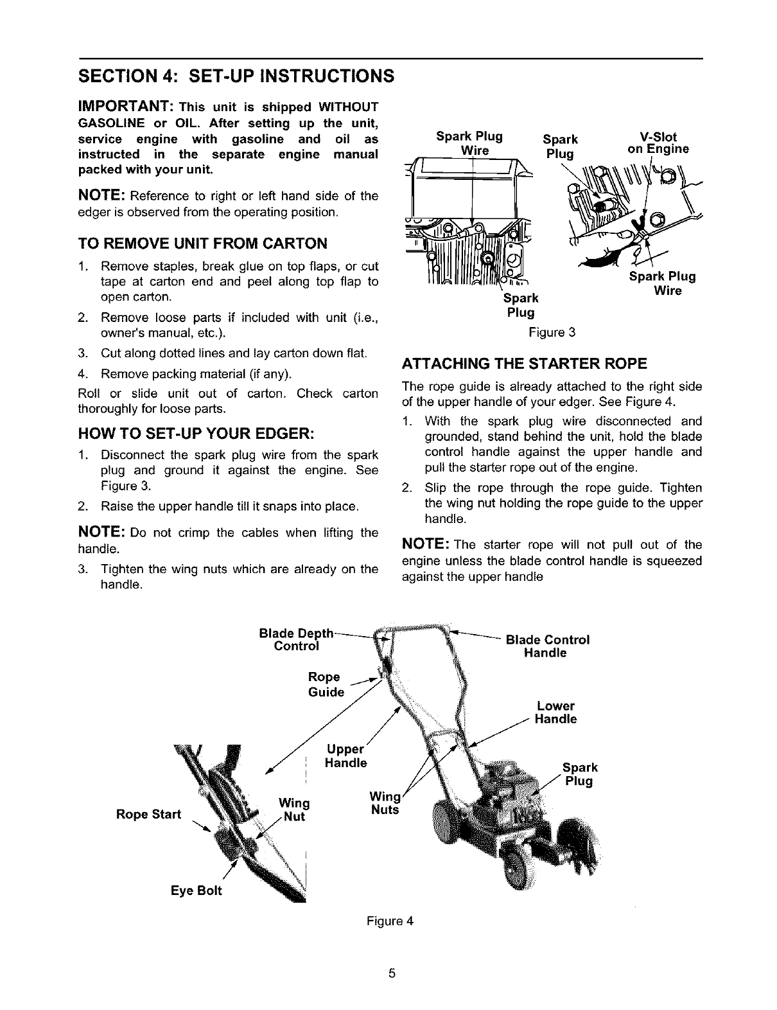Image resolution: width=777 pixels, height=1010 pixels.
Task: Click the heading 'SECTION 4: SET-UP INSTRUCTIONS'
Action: [x=235, y=75]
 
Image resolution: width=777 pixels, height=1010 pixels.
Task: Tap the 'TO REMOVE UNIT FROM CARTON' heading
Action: [x=202, y=243]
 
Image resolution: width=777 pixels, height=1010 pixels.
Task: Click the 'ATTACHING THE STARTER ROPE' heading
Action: [x=523, y=364]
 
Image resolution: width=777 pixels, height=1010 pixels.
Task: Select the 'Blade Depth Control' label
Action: [x=296, y=640]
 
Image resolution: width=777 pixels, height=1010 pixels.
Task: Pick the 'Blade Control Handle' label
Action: [x=547, y=646]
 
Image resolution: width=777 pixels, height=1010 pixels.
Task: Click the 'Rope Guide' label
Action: [x=326, y=684]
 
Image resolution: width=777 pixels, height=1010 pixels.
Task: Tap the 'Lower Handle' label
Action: [x=555, y=713]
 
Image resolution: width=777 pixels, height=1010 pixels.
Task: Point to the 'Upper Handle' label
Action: [x=346, y=756]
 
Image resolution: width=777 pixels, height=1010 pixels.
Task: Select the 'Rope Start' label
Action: [x=149, y=815]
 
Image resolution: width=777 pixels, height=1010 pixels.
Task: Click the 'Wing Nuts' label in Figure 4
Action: [x=385, y=803]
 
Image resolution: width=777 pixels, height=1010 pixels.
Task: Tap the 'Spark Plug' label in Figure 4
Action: [x=579, y=774]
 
